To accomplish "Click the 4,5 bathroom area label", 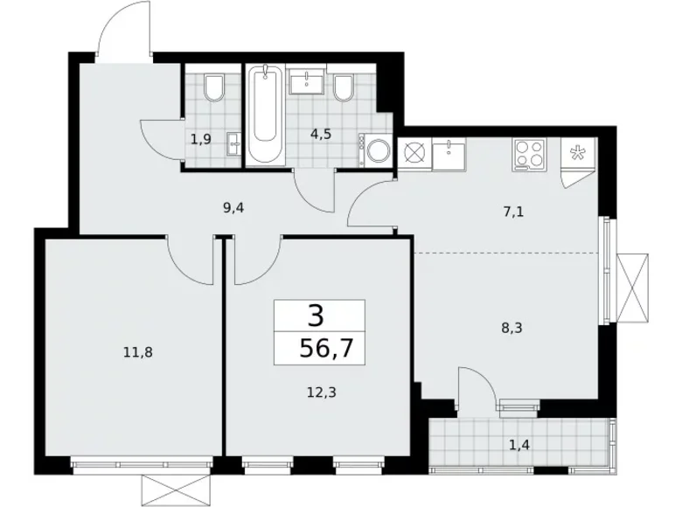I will (x=319, y=135).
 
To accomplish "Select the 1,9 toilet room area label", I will (x=200, y=137).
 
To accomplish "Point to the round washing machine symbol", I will (x=379, y=150).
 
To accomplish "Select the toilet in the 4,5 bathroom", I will (x=343, y=88).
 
